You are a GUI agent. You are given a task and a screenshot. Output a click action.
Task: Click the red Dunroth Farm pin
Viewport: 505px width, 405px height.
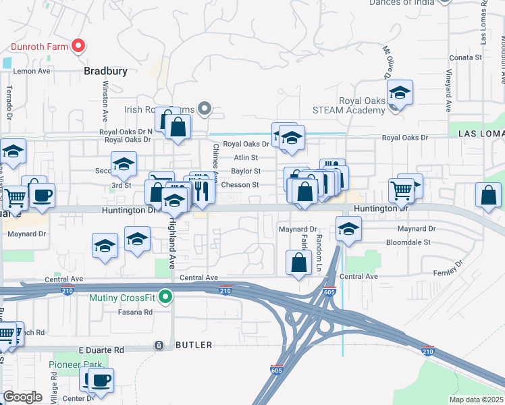point(78,46)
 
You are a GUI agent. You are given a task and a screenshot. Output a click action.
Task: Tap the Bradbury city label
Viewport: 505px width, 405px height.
point(106,70)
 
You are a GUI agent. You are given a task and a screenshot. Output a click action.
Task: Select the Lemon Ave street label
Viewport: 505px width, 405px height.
point(32,71)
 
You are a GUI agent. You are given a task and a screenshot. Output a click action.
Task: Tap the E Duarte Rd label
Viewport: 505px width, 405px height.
point(101,350)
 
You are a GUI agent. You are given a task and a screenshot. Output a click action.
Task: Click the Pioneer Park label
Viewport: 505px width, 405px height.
point(76,364)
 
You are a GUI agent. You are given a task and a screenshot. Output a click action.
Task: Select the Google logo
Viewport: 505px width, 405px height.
point(22,397)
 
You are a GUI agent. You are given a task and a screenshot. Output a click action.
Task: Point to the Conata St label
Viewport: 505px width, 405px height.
point(465,58)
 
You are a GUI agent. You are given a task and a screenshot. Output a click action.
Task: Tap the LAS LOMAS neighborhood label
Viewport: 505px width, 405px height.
point(481,134)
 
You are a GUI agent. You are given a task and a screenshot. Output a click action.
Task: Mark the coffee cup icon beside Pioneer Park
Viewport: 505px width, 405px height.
point(101,380)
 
